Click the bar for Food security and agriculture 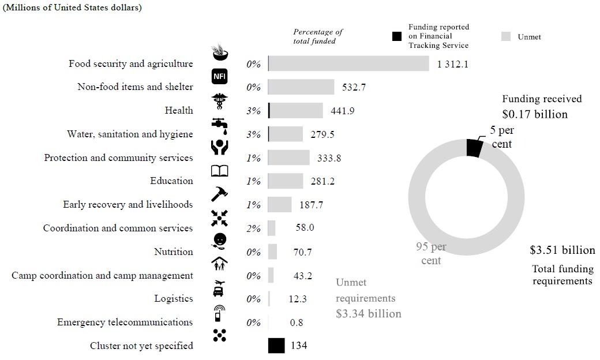(x=348, y=63)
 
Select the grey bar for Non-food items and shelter (x=301, y=87)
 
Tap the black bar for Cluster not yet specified (x=276, y=346)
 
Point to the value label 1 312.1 (x=452, y=64)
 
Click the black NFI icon (x=220, y=76)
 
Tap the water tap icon (x=220, y=123)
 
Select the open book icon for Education (x=220, y=171)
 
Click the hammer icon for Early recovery (x=220, y=194)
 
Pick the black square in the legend (x=396, y=36)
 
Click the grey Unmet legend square (x=506, y=36)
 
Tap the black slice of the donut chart (x=474, y=148)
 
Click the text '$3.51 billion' (x=562, y=250)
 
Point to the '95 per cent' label (x=431, y=254)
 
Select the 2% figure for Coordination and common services (x=253, y=228)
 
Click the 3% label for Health (x=253, y=111)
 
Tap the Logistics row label (x=173, y=299)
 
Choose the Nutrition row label (x=173, y=252)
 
